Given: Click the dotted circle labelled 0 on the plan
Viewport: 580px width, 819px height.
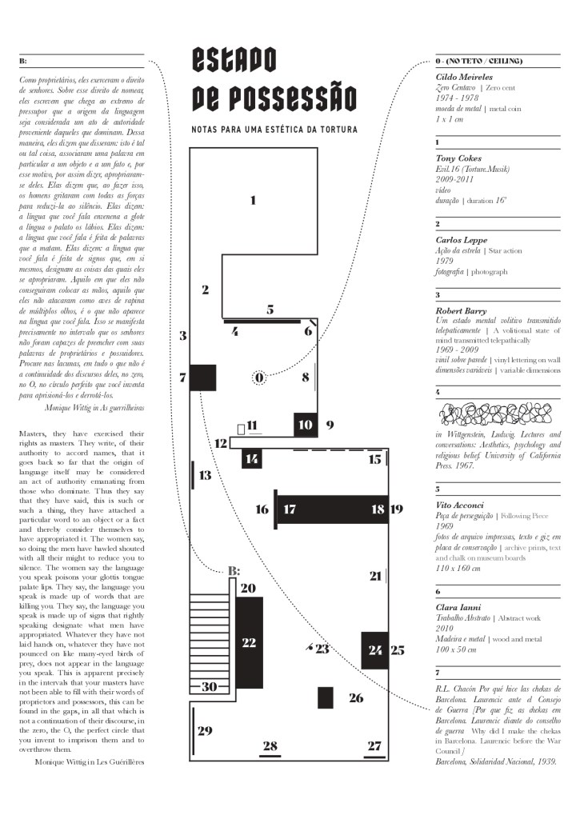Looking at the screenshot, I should (x=259, y=377).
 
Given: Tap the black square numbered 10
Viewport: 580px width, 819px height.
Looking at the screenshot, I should (x=305, y=424).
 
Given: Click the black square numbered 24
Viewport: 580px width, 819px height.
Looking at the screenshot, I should (x=374, y=649).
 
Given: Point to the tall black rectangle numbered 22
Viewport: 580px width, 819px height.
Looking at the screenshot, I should (x=249, y=642).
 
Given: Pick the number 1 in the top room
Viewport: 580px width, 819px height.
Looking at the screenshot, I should (x=253, y=200).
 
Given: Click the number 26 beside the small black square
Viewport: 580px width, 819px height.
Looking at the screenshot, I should (x=356, y=698).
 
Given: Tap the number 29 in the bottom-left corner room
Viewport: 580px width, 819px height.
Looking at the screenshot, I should (x=205, y=730).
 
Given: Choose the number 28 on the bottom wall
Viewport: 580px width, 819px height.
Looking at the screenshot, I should (x=270, y=746).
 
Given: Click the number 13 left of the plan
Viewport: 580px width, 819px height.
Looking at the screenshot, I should (x=206, y=476).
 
